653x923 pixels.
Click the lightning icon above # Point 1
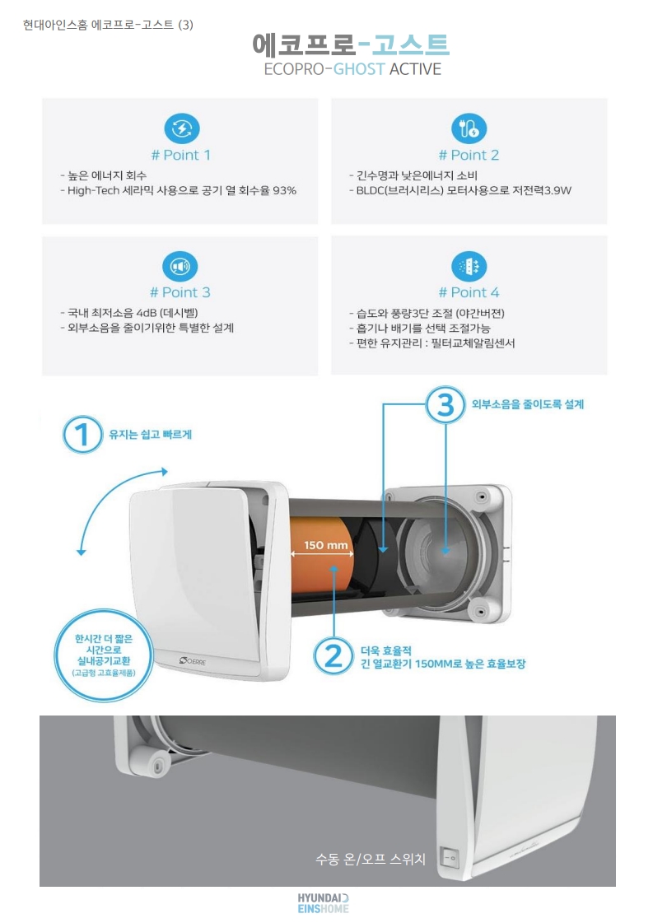181,128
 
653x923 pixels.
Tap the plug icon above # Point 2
469,128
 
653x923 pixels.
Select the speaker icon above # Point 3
180,266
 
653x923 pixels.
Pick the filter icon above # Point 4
469,266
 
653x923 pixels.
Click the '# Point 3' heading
180,292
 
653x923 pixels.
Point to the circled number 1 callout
82,435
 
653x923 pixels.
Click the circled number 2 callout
333,655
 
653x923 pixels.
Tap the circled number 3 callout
445,404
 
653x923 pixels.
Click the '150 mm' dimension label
325,545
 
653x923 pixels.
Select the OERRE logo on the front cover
194,660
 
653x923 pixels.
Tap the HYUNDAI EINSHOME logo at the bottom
323,903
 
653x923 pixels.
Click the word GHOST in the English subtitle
359,69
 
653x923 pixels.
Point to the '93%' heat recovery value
284,191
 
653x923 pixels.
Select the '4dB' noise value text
146,313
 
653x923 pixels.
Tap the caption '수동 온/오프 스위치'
371,860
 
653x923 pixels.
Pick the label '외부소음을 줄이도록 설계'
528,404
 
